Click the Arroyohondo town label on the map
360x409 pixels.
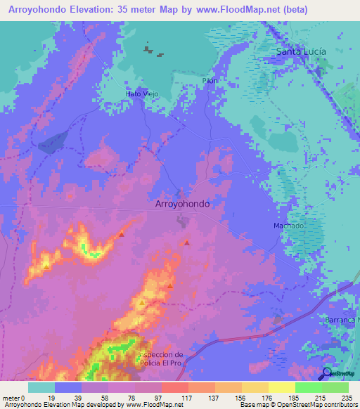181,203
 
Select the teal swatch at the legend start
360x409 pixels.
41,387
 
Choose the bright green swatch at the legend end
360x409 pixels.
335,387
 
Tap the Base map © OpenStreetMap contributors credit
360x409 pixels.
298,405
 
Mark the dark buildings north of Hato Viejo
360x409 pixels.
149,51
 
